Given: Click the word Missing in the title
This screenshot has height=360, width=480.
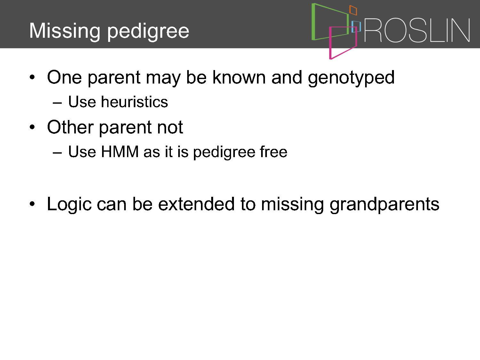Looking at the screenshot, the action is [65, 31].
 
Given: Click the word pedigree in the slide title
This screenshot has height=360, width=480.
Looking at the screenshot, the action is [148, 32].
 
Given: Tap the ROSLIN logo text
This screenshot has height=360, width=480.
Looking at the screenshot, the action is [417, 30].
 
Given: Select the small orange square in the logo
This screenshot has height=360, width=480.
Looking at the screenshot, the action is [353, 10].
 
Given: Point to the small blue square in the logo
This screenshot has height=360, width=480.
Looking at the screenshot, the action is [356, 27].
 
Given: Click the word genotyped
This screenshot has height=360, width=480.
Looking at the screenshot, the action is [351, 78].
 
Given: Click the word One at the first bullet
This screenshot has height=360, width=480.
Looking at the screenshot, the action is [64, 77].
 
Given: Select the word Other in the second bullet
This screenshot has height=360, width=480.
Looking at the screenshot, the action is [70, 127].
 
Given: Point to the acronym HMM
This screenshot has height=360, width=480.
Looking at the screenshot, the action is [120, 151].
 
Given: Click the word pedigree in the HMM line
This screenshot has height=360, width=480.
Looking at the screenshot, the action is [224, 152].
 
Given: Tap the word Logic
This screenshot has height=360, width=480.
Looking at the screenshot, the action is [69, 204].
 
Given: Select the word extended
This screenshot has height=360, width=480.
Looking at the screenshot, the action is [196, 204].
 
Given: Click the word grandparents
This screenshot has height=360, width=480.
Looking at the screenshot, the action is [384, 204].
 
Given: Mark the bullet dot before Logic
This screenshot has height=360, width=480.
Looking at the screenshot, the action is [32, 204].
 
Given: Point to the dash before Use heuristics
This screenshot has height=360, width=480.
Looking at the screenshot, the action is [57, 102].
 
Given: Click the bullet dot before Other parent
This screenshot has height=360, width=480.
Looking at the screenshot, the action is [32, 127].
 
